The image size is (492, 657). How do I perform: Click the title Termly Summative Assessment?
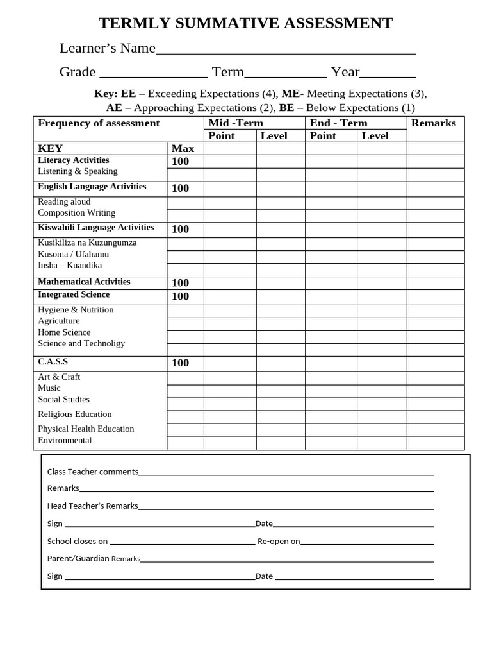[245, 24]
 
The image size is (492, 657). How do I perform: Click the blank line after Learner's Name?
[286, 53]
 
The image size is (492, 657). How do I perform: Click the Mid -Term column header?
[236, 123]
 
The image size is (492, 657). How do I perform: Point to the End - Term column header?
[338, 123]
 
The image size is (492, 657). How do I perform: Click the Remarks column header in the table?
[434, 123]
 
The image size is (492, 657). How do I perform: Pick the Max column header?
[183, 149]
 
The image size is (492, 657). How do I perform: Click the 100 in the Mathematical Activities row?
[181, 283]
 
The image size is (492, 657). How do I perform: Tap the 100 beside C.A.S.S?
[181, 363]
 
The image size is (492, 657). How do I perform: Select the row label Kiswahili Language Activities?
[96, 228]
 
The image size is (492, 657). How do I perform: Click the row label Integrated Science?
[74, 295]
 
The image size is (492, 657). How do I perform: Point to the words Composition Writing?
[77, 213]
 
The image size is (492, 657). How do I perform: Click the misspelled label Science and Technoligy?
[81, 344]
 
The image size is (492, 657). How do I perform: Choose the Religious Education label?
[75, 414]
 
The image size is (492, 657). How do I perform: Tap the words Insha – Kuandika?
[70, 266]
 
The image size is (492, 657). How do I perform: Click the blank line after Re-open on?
[366, 543]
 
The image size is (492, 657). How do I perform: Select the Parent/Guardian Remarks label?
[94, 559]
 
